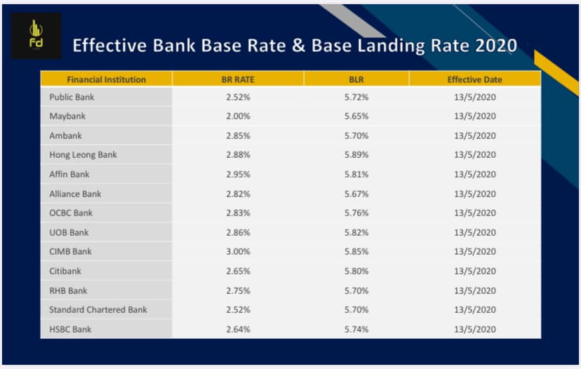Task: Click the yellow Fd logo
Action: coord(36,34)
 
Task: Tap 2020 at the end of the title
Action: coord(496,46)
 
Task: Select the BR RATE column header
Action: coord(238,80)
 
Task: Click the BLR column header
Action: coord(356,80)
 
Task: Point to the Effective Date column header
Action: coord(474,80)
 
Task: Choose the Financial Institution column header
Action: coord(107,80)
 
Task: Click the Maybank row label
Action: coord(67,116)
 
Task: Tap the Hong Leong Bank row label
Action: coord(83,155)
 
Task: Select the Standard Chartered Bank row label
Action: coord(98,310)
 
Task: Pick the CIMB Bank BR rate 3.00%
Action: coord(239,252)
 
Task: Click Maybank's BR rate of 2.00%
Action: coord(239,116)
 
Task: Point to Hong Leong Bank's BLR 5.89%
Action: coord(356,155)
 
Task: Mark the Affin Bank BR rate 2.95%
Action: coord(239,175)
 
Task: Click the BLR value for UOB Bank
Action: coord(356,233)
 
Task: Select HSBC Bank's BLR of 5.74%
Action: coord(356,329)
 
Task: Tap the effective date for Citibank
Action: coord(475,271)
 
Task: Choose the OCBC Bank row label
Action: coord(71,213)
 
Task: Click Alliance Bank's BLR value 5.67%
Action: coord(356,194)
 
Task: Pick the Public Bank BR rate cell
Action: coord(239,97)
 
